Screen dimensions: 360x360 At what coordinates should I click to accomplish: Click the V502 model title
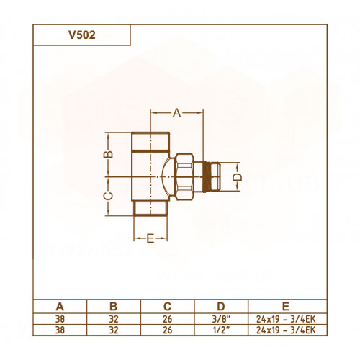(82, 35)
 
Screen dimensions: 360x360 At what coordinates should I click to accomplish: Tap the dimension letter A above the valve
(177, 113)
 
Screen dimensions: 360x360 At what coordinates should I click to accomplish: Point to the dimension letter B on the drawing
(108, 154)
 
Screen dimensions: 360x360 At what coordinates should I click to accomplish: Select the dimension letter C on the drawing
(108, 196)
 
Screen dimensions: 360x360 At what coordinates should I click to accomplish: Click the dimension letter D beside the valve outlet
(238, 177)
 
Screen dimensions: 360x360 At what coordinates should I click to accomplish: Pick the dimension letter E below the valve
(150, 238)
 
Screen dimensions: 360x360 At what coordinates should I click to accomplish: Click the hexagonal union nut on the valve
(184, 177)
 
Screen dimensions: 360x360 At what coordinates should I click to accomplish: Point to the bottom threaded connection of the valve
(150, 208)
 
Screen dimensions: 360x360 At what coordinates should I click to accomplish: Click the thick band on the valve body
(150, 151)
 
